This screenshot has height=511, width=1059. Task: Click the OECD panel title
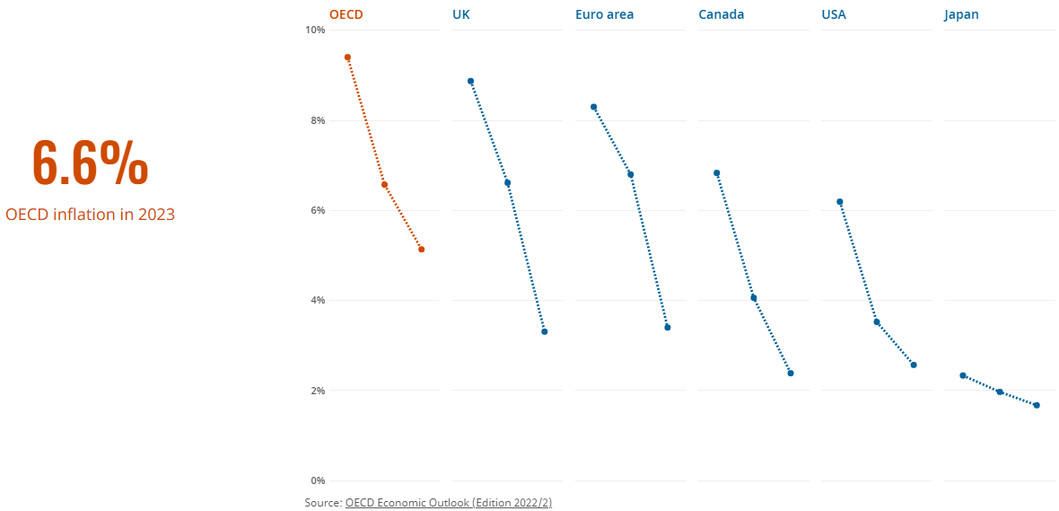point(346,14)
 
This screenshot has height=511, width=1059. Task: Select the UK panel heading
point(461,14)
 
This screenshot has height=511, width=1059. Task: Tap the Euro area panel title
point(604,14)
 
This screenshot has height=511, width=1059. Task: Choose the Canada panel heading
point(721,14)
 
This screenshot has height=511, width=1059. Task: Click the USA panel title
point(834,14)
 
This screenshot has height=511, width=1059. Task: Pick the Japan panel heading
point(961,14)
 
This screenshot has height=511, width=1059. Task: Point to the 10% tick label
point(315,31)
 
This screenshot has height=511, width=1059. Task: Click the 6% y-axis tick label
point(318,210)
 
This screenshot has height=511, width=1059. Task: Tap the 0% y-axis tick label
point(318,480)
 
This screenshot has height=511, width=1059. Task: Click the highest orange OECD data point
point(347,57)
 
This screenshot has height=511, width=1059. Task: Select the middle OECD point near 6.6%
point(384,185)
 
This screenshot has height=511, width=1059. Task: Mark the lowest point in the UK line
point(544,332)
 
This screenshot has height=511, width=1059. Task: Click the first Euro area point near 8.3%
point(593,107)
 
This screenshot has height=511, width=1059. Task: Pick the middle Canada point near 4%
point(754,298)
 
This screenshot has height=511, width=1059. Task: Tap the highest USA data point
point(839,202)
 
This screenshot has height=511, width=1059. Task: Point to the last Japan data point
point(1037,405)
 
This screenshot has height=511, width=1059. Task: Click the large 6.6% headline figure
point(90,164)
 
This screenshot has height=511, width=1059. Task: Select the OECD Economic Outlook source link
point(448,503)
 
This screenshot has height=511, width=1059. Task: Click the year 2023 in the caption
point(156,215)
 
